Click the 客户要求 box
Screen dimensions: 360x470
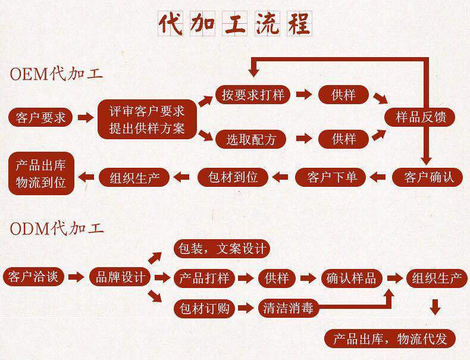[40, 117]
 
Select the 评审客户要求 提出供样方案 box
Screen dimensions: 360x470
[147, 119]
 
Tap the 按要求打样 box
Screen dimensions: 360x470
[252, 95]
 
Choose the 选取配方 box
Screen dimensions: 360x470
[250, 139]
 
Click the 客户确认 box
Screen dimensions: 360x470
[428, 177]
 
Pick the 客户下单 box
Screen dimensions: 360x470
[332, 177]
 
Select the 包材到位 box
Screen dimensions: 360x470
[233, 177]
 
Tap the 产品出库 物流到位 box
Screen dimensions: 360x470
[41, 173]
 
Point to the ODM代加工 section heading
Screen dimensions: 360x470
[57, 227]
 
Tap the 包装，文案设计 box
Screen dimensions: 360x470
[221, 248]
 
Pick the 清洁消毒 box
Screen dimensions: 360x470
[288, 308]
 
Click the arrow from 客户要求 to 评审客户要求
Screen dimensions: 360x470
[86, 118]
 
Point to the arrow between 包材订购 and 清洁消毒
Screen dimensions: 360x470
[245, 308]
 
